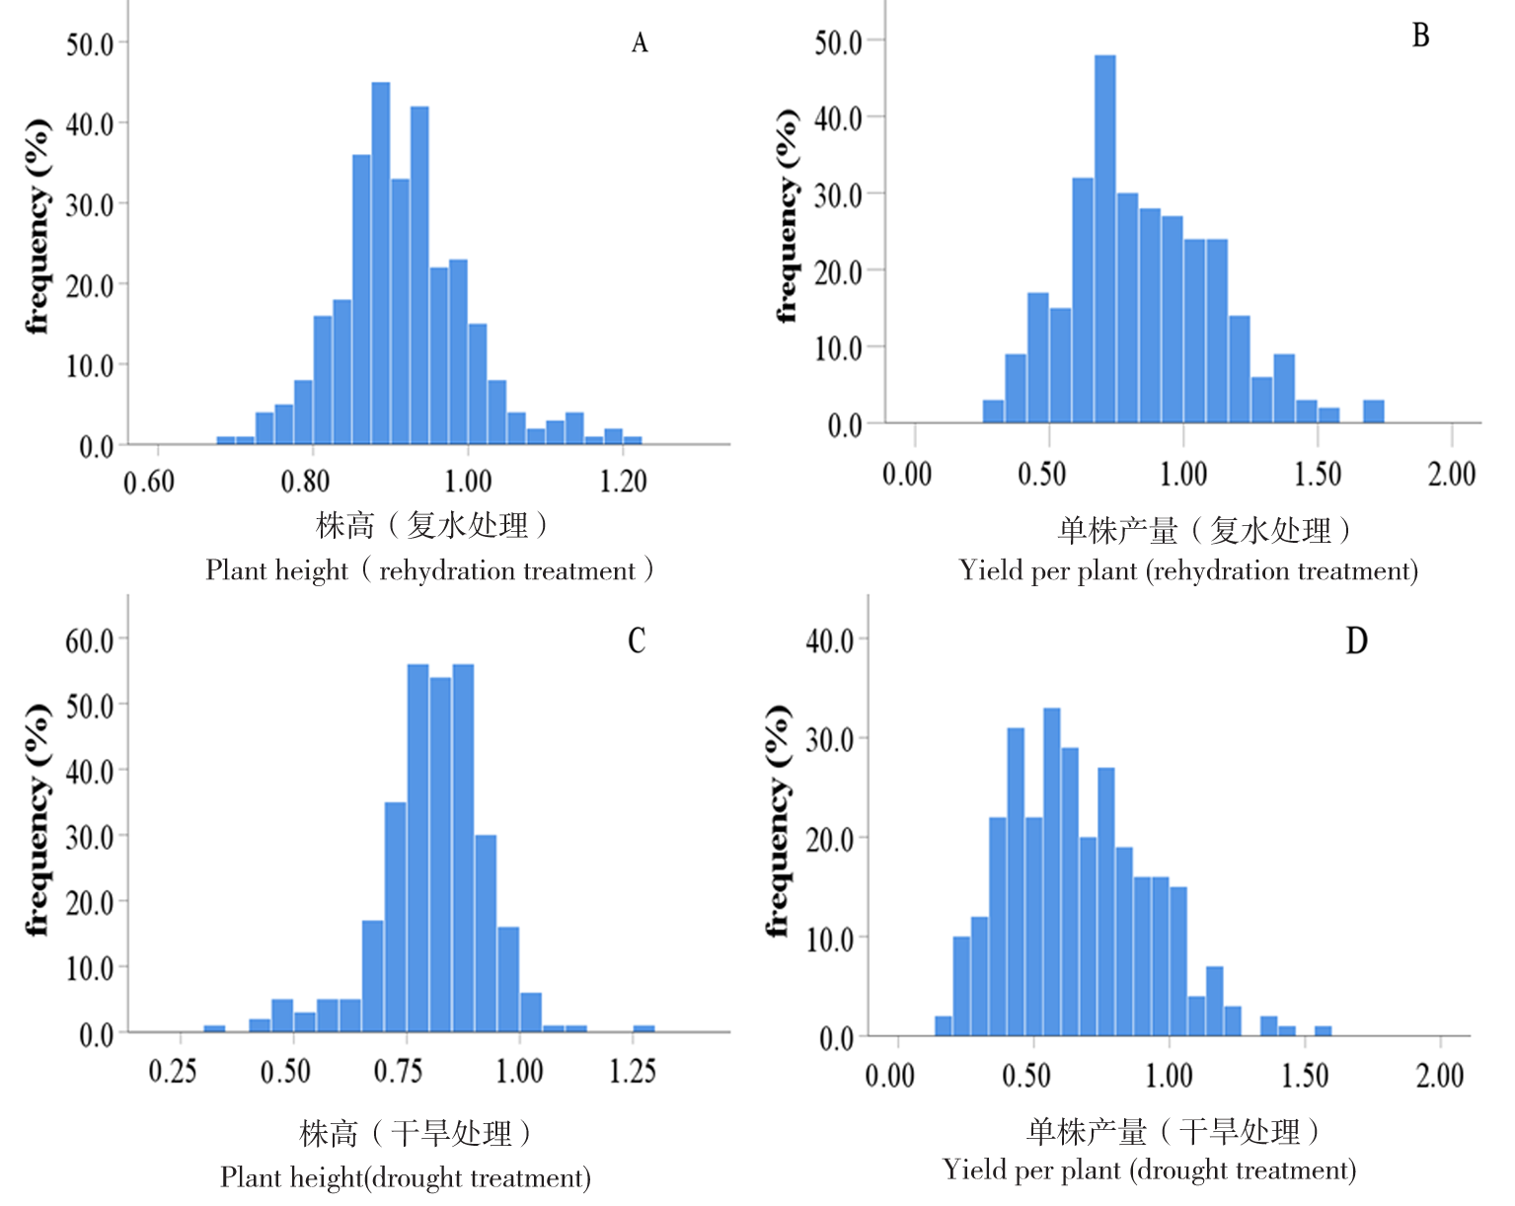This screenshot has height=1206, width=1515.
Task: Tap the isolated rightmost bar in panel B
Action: tap(1374, 412)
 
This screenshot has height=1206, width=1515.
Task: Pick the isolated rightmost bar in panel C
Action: tap(644, 1029)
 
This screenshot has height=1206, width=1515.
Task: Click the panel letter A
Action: tap(640, 43)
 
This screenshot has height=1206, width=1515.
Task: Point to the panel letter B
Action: tap(1420, 37)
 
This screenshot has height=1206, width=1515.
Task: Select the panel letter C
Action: tap(637, 641)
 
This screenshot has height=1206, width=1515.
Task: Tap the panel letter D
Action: tap(1357, 641)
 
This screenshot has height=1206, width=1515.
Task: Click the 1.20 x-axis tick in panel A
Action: tap(623, 482)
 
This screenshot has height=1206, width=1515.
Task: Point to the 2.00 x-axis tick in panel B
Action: tap(1451, 475)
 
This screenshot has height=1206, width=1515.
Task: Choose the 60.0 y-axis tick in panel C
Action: tap(90, 641)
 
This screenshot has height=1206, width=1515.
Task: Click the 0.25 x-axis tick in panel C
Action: tap(173, 1072)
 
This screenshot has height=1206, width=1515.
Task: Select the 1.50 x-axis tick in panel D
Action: tap(1305, 1076)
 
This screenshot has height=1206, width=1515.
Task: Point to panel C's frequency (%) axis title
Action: tap(37, 819)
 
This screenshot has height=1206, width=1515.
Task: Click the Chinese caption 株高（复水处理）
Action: tap(432, 525)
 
